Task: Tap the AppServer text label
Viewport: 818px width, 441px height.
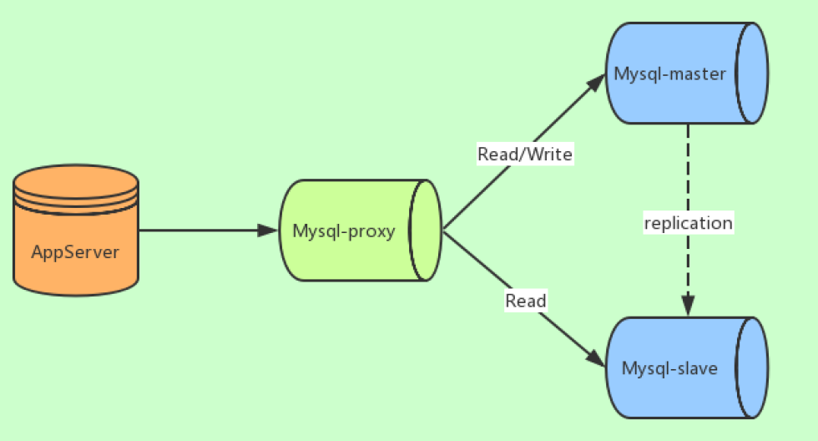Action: [x=76, y=251]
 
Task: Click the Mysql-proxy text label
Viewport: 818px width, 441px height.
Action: [x=344, y=231]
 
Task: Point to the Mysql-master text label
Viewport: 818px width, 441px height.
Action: [x=670, y=73]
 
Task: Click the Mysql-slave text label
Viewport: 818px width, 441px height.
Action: [x=669, y=367]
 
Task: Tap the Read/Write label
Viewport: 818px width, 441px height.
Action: [x=525, y=154]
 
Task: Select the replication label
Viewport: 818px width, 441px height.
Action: [x=689, y=223]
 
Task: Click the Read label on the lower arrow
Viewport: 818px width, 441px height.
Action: [x=526, y=301]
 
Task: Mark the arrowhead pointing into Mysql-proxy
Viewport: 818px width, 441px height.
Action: [x=269, y=230]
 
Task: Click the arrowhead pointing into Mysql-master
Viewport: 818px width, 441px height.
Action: [x=596, y=82]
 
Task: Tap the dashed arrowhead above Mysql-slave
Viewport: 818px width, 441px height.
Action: [x=689, y=307]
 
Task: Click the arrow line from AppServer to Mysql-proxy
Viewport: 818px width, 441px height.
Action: [x=200, y=230]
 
